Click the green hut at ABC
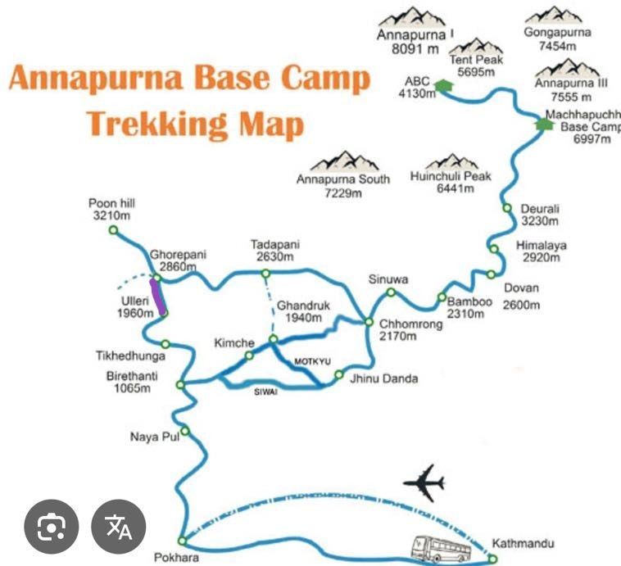click(x=442, y=85)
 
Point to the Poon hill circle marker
click(x=113, y=230)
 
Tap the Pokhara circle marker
click(x=182, y=541)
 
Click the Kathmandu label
click(x=523, y=543)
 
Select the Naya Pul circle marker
click(x=185, y=430)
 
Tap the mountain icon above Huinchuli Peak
click(x=451, y=161)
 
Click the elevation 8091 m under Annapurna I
click(x=415, y=48)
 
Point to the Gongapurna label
click(x=557, y=34)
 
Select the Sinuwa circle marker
click(x=392, y=292)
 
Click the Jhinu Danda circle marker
click(x=338, y=375)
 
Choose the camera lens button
click(x=51, y=525)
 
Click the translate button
click(x=119, y=525)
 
